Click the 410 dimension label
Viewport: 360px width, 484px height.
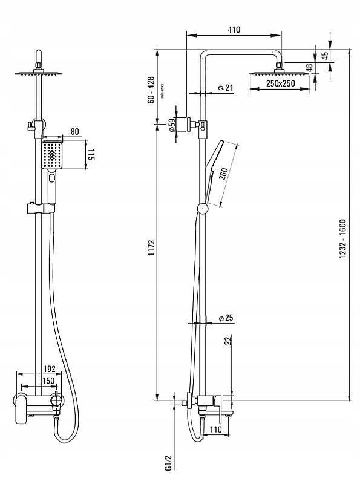[x=234, y=30]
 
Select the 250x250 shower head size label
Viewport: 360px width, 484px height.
[x=280, y=83]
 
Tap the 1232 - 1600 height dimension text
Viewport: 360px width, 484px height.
[x=342, y=238]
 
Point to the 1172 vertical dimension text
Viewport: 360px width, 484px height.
[x=151, y=247]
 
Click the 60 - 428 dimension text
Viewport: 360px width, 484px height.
[x=151, y=90]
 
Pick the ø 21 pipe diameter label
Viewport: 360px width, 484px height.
[x=226, y=88]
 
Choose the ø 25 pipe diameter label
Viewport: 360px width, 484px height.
[x=226, y=318]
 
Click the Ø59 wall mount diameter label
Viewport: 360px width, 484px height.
[x=172, y=125]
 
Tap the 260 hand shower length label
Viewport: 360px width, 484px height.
[x=223, y=174]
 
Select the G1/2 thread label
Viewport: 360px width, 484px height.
[x=168, y=463]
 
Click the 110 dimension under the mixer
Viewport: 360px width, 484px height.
[x=215, y=429]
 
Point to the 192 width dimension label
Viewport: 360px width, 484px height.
[x=50, y=369]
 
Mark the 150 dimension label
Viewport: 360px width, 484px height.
[x=48, y=381]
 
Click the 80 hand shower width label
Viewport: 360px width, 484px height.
[x=74, y=131]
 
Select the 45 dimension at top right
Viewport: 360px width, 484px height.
[x=325, y=56]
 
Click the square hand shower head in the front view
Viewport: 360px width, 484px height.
[x=52, y=155]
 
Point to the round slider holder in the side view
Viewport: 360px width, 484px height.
[x=203, y=209]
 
